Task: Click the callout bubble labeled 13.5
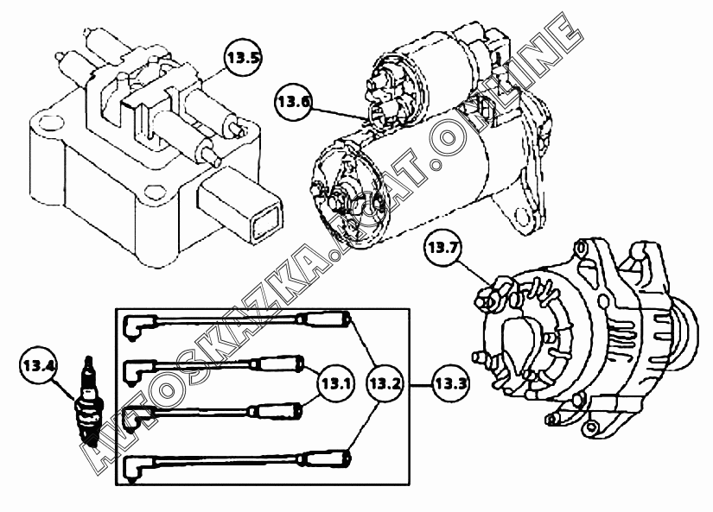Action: [243, 58]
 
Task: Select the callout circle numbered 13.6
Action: [293, 102]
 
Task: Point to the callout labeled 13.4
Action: [39, 365]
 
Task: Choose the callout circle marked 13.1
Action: [335, 384]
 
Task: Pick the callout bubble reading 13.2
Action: [385, 384]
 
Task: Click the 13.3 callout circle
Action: [450, 384]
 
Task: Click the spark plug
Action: [90, 400]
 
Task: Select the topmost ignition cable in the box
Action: [237, 320]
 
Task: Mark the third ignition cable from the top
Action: [213, 411]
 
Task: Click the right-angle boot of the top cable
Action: [138, 326]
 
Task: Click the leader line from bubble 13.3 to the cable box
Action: [421, 385]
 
